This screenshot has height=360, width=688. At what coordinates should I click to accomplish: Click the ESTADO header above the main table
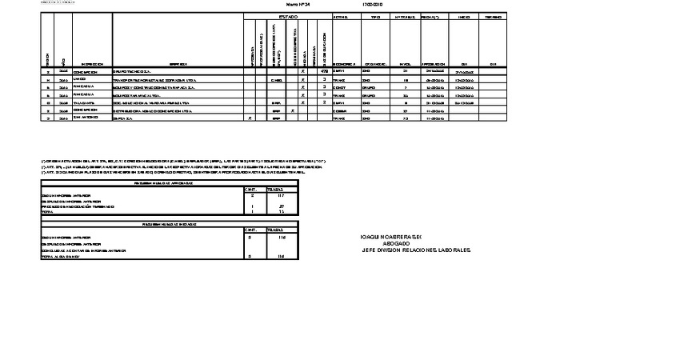pyautogui.click(x=288, y=16)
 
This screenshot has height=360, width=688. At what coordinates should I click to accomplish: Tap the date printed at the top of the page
pyautogui.click(x=373, y=5)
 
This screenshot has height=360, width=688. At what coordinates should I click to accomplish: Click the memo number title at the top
pyautogui.click(x=297, y=5)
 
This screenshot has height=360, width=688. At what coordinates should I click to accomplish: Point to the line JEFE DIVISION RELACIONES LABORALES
pyautogui.click(x=416, y=250)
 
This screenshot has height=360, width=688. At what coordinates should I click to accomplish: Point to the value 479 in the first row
pyautogui.click(x=324, y=72)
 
